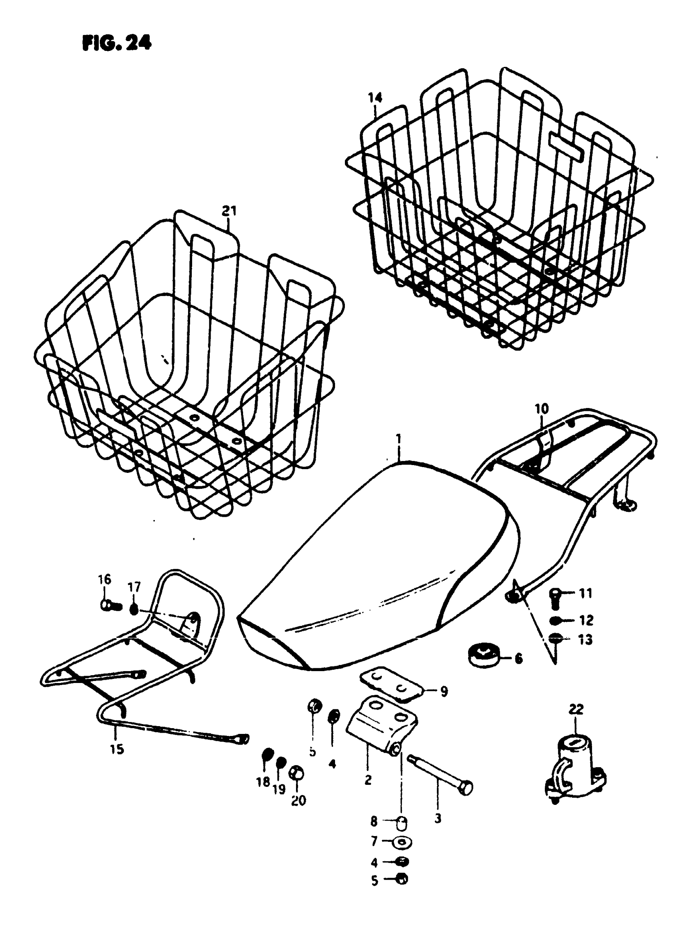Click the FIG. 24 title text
click(x=117, y=43)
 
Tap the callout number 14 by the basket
click(x=375, y=98)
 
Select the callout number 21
click(x=229, y=211)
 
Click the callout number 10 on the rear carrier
click(x=541, y=408)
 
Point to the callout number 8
click(x=374, y=822)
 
